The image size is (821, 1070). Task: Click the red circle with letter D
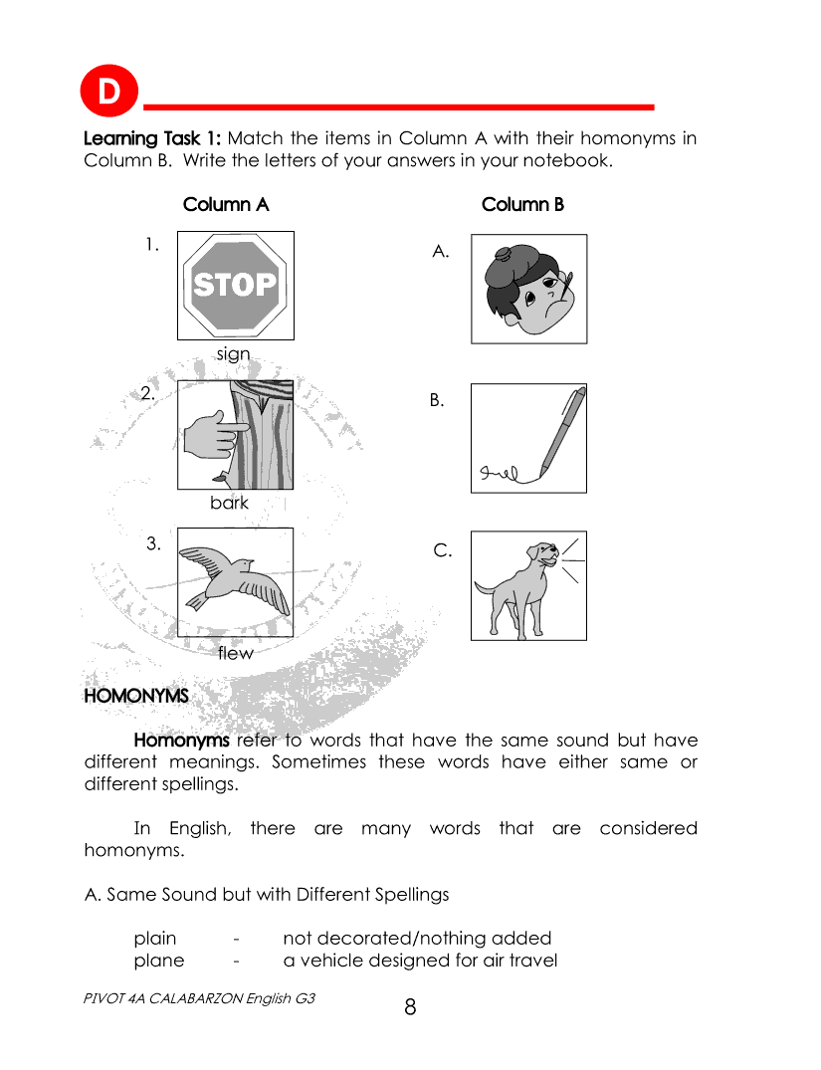[106, 93]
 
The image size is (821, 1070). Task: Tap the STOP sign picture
[235, 286]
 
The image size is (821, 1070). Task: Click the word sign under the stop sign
[234, 353]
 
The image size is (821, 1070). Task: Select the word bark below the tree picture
[229, 503]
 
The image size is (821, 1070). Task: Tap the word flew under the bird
[236, 653]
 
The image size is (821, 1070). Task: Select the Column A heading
[226, 204]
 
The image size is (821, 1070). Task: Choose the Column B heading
[522, 204]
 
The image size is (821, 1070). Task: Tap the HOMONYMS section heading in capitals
[136, 696]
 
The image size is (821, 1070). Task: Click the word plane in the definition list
[159, 961]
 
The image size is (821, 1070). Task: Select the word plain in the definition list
[155, 938]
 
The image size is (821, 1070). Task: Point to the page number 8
[410, 1007]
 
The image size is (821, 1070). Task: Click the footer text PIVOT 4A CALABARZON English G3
[200, 997]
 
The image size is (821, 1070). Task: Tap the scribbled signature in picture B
[503, 472]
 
